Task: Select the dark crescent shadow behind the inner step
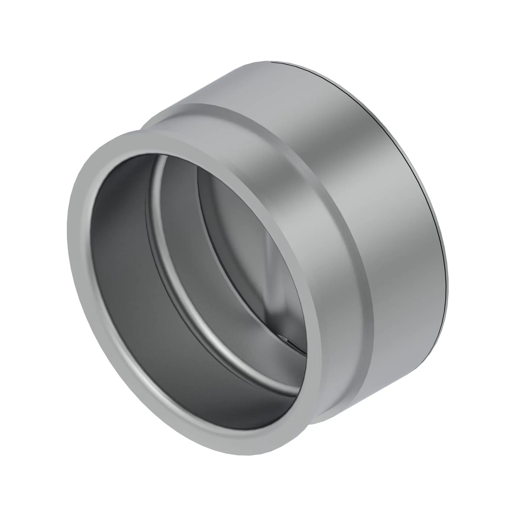(211, 214)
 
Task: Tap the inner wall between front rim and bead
(120, 267)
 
